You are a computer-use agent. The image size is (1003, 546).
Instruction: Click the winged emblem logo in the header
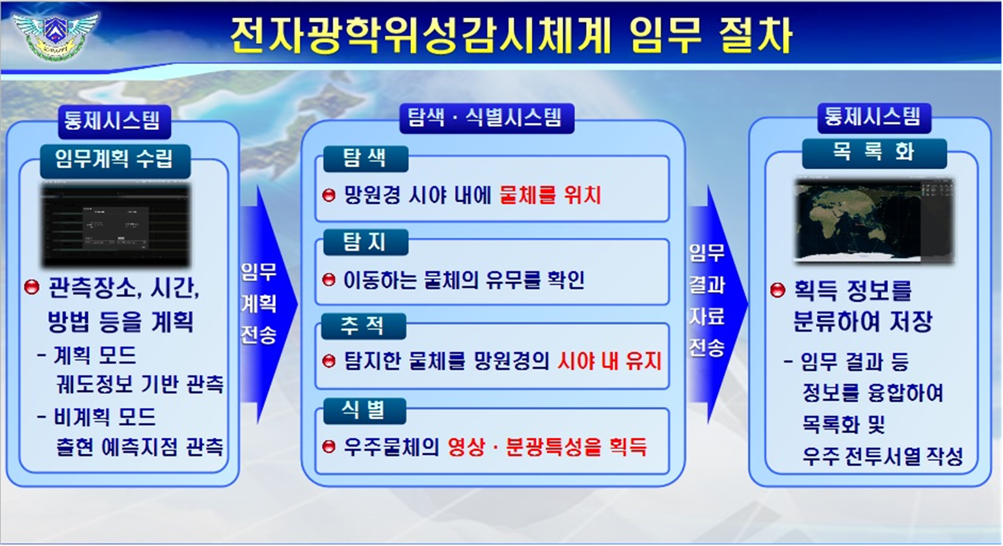tap(55, 34)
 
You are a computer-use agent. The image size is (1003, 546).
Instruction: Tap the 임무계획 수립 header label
tap(114, 159)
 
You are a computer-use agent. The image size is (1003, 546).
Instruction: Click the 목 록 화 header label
tap(874, 153)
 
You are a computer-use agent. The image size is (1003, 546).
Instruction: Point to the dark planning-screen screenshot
tap(116, 225)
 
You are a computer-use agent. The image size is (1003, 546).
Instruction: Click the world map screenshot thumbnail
tap(874, 220)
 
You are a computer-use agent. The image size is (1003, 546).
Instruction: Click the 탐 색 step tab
tap(364, 158)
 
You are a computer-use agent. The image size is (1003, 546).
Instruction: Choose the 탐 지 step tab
tap(364, 242)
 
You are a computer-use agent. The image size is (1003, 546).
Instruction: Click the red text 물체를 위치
tap(550, 195)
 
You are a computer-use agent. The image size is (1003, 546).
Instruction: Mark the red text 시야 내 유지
tap(609, 361)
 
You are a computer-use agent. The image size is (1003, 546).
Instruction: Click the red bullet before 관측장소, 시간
tap(31, 287)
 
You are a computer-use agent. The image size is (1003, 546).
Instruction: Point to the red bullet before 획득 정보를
tap(777, 290)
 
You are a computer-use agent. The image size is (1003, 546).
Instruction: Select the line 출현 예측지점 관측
tap(140, 447)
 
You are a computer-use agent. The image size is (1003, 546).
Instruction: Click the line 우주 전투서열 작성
tap(882, 456)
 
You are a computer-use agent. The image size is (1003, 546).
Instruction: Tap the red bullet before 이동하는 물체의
tap(329, 280)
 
